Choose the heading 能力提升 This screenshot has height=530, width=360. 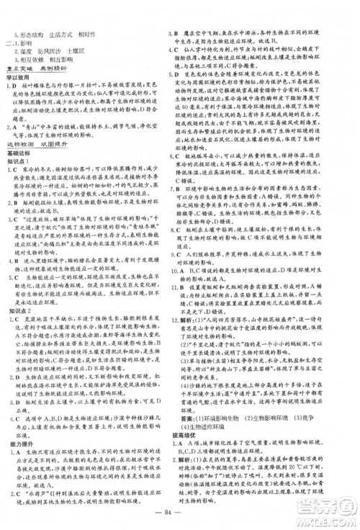pos(17,416)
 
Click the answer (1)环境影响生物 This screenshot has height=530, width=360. pos(222,394)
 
